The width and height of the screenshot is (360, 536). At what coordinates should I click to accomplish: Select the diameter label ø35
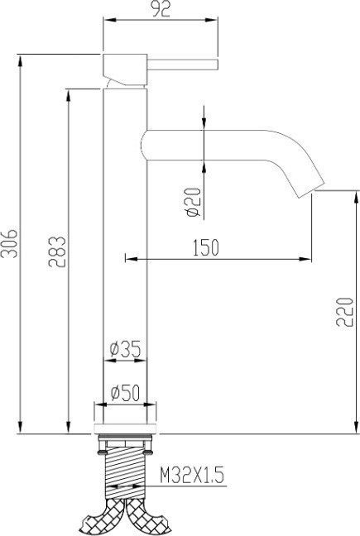coord(124,350)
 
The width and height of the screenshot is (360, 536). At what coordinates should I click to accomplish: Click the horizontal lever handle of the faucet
coord(182,64)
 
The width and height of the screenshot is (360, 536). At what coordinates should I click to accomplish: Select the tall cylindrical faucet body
coord(124,248)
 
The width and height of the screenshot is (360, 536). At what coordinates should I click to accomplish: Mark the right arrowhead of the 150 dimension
coord(309,259)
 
